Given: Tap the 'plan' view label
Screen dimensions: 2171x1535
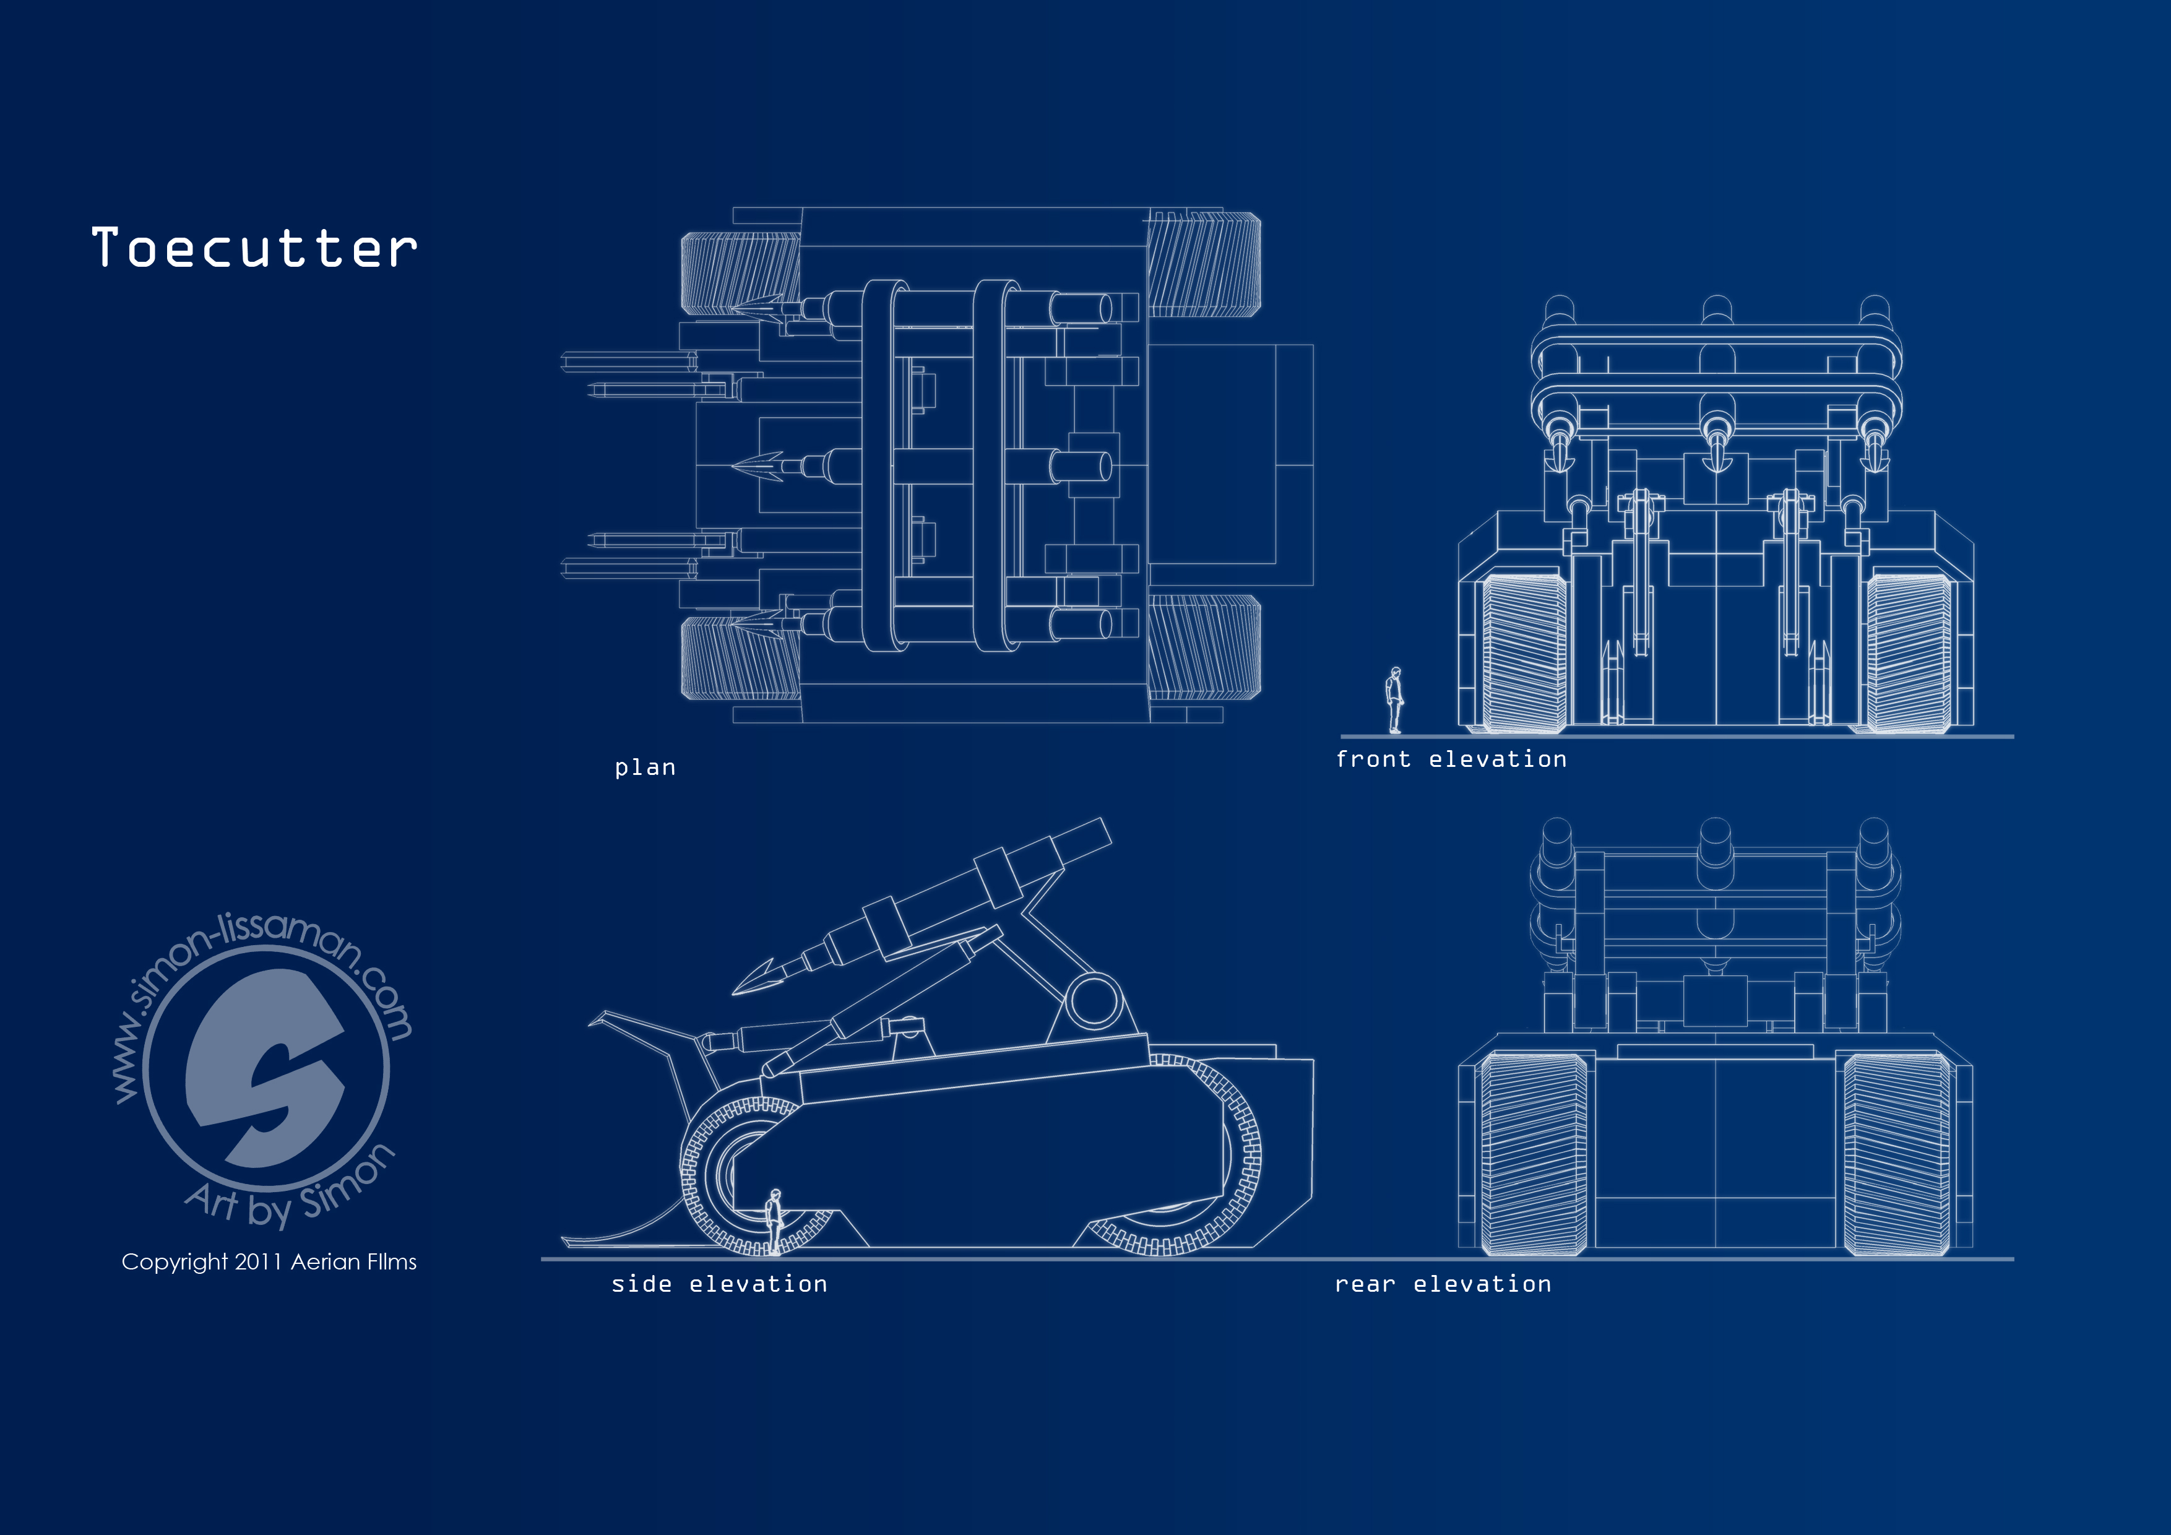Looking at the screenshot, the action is point(645,767).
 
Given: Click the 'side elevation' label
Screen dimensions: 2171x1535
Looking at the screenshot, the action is point(719,1284).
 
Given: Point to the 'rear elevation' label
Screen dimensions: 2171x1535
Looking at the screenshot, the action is point(1443,1284).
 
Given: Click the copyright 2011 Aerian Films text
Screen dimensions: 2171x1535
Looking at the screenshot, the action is point(269,1261).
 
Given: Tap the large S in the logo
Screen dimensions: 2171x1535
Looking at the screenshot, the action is point(265,1067).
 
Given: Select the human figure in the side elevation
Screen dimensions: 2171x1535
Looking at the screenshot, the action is point(775,1222).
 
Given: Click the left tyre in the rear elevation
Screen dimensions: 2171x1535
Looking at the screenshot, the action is point(1534,1154).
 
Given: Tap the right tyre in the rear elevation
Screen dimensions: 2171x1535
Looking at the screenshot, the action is point(1897,1154).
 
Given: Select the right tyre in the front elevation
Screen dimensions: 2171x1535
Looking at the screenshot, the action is point(1908,652).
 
